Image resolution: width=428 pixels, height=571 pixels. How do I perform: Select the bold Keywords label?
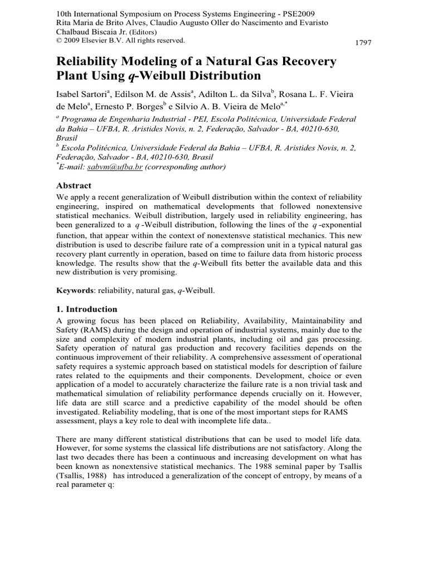(x=77, y=291)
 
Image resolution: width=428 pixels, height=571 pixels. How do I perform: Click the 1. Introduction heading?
(x=87, y=309)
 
